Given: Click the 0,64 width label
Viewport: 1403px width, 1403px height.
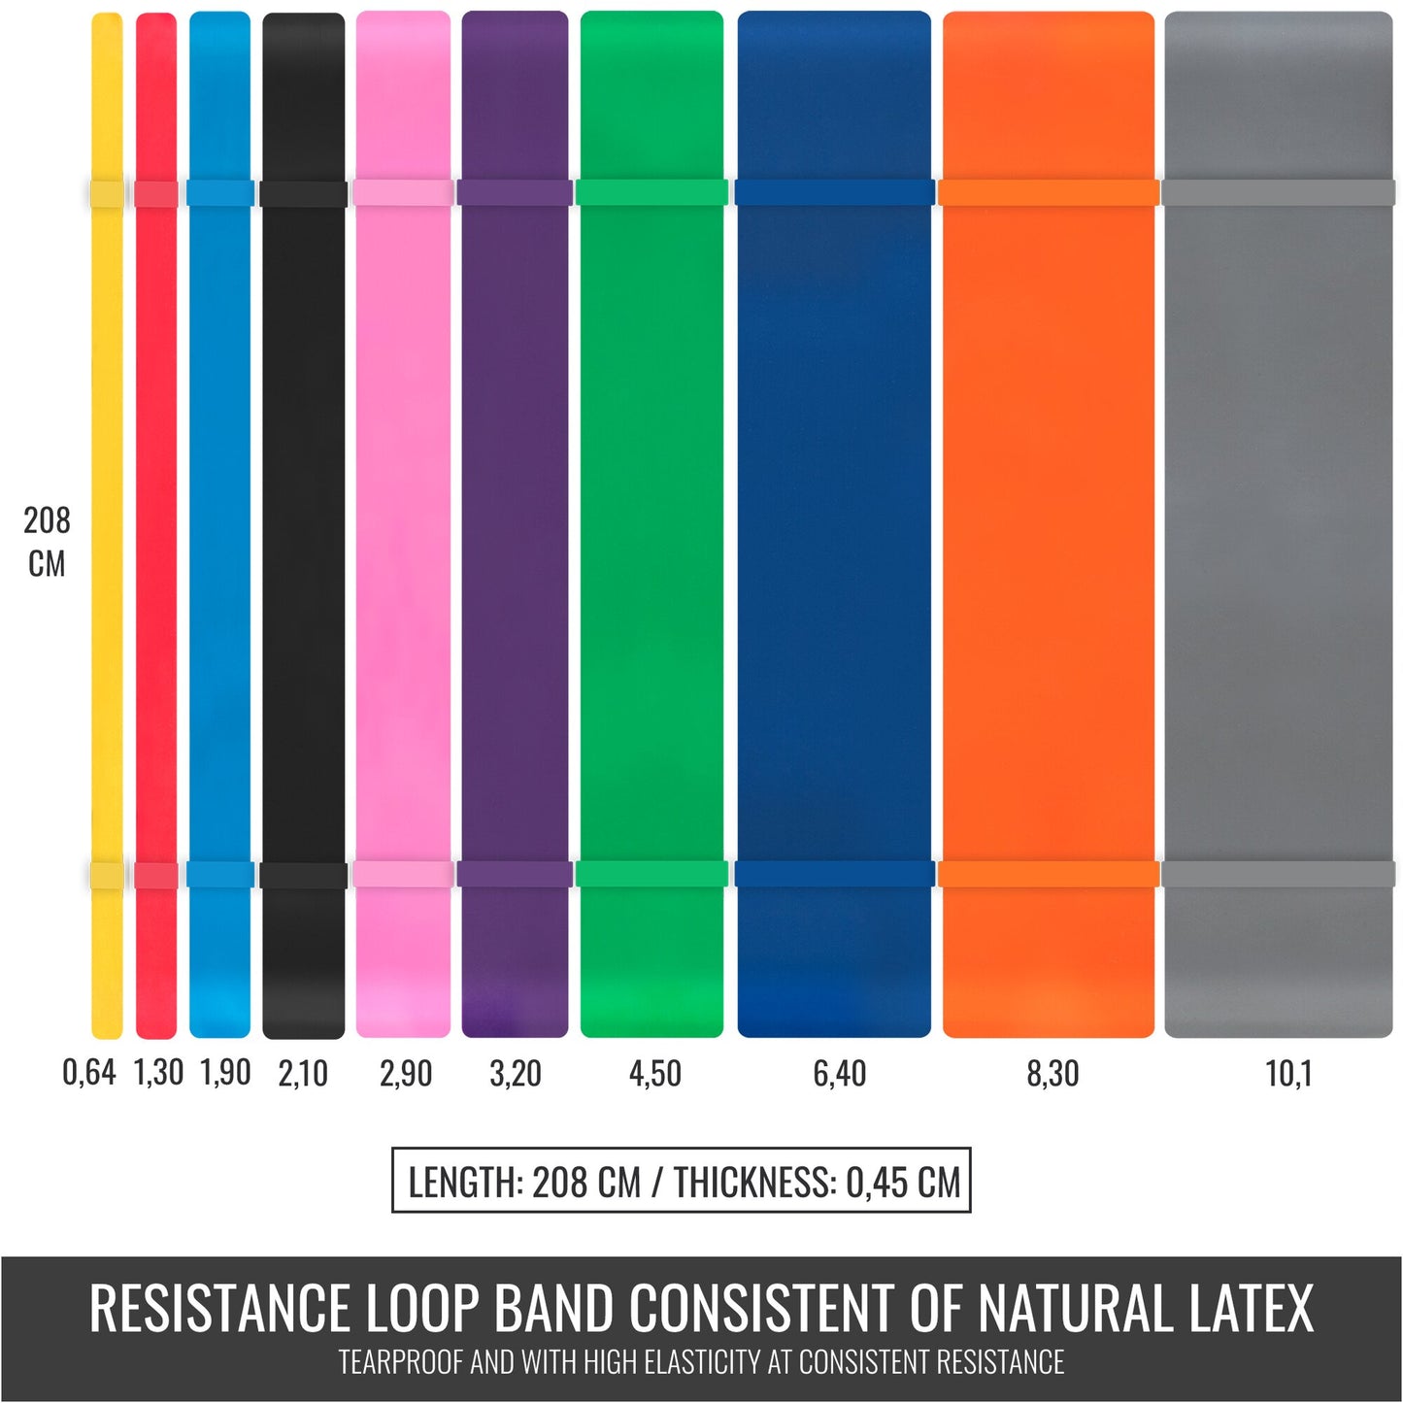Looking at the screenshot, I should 88,1073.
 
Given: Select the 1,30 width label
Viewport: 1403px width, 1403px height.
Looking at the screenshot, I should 158,1073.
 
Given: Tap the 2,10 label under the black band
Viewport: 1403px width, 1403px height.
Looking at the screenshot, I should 303,1074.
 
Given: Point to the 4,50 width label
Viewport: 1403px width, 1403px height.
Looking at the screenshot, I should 655,1074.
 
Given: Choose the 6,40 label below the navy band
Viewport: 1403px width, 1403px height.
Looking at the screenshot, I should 839,1074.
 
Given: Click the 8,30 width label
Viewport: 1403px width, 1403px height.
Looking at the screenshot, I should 1052,1074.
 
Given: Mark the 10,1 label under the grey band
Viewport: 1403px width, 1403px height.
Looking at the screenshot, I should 1288,1074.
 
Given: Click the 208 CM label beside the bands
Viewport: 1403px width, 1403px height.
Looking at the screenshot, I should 47,542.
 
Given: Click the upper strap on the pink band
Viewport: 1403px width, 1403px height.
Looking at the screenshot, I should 403,192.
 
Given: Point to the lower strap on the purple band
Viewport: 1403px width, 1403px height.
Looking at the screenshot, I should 515,874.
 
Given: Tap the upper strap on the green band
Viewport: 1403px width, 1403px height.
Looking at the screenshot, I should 651,192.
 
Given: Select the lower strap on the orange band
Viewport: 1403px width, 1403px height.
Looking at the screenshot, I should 1049,874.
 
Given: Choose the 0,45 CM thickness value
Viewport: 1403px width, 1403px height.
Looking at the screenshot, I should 902,1183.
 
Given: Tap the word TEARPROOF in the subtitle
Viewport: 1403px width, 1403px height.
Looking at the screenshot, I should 401,1362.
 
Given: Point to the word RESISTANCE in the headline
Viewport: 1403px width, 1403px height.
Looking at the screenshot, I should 219,1308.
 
